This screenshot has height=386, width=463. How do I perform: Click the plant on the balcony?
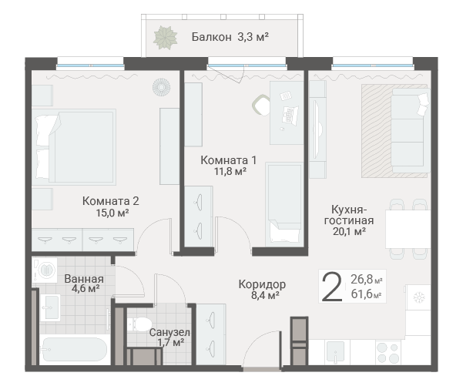(165, 38)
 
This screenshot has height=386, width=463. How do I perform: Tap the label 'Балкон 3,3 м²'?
(230, 37)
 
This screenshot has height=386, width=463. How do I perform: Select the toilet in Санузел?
(139, 324)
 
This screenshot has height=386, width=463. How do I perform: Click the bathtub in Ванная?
(75, 350)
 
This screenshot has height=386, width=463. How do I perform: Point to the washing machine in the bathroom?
(45, 270)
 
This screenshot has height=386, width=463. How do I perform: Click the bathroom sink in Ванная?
(50, 307)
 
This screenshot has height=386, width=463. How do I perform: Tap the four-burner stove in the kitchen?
(388, 352)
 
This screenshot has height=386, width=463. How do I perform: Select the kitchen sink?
(335, 352)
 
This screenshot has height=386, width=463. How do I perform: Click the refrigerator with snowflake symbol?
(418, 297)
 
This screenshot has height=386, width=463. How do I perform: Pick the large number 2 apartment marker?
(332, 287)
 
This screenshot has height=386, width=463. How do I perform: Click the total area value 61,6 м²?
(367, 294)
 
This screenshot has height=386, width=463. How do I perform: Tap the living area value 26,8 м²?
(367, 279)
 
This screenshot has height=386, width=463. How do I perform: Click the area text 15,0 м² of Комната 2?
(112, 213)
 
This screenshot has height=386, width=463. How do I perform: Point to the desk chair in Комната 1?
(261, 105)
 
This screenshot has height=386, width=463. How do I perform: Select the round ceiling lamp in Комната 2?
(161, 87)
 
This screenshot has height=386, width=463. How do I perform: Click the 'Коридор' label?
(262, 284)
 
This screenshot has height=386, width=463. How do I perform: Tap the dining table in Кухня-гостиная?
(408, 229)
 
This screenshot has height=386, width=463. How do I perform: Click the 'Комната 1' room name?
(229, 160)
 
